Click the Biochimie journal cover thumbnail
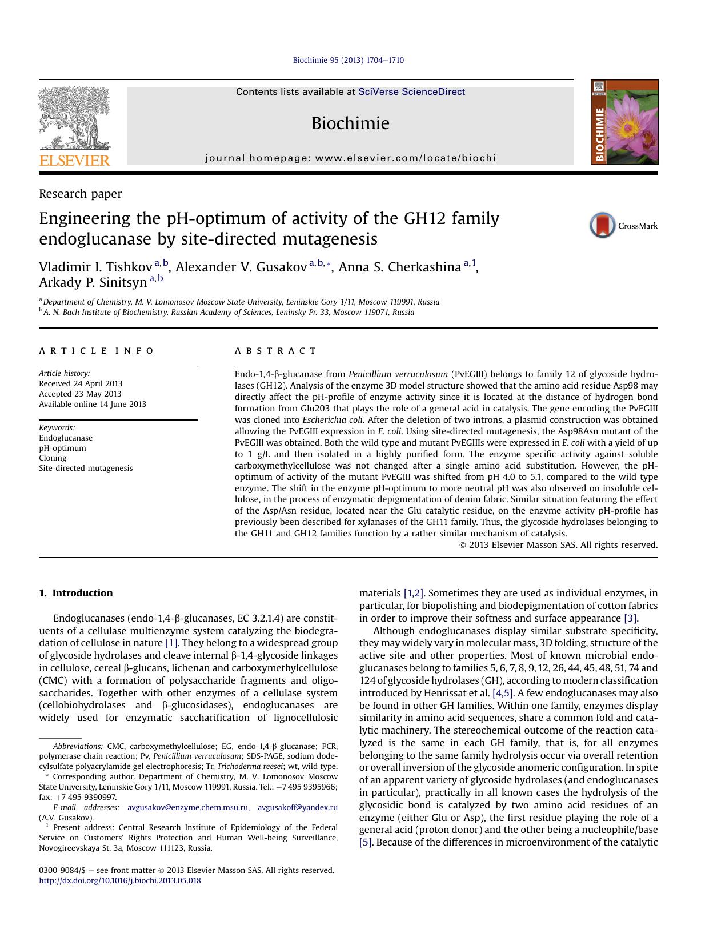click(624, 122)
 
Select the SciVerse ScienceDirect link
click(411, 92)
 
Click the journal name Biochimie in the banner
click(350, 123)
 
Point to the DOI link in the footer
click(120, 880)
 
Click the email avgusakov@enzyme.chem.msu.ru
click(188, 807)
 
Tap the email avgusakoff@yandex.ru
click(297, 807)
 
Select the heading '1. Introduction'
click(76, 593)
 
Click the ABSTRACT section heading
click(275, 351)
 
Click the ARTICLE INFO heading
click(97, 351)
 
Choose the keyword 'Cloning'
click(53, 458)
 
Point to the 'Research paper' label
click(80, 194)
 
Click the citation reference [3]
click(631, 618)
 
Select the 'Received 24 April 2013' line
click(81, 383)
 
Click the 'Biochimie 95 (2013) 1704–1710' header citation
click(348, 60)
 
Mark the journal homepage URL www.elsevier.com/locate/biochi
click(405, 158)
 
